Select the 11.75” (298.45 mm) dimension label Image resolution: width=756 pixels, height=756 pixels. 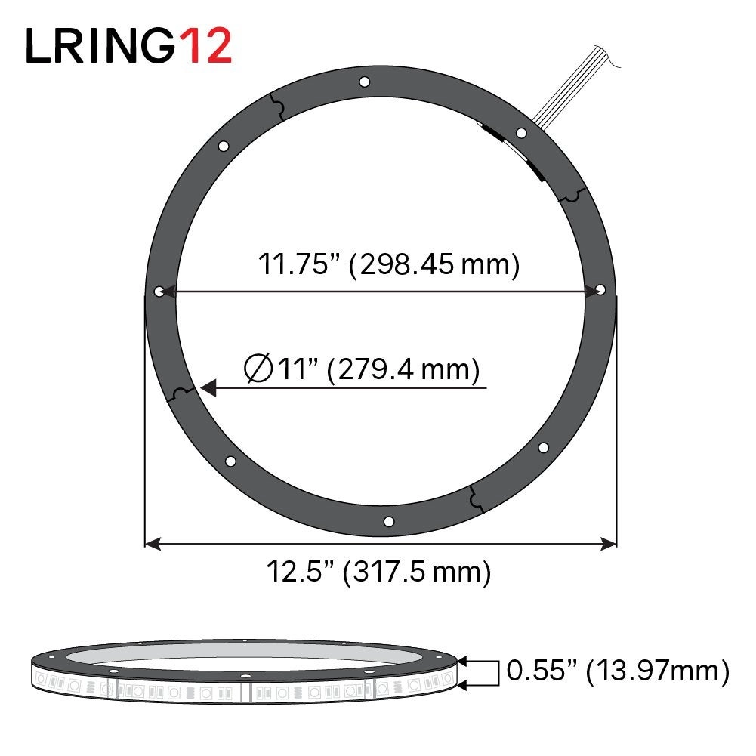point(389,265)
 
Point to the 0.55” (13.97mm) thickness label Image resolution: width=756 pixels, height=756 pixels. point(618,669)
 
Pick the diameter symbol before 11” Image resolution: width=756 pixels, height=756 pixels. point(259,369)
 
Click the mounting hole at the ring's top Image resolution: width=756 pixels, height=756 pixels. point(364,81)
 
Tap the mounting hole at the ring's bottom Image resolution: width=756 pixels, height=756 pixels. point(389,521)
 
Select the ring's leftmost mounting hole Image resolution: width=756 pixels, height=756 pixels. point(159,291)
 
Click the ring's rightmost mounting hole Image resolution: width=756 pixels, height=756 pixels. point(600,289)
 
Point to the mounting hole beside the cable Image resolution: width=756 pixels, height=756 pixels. point(520,134)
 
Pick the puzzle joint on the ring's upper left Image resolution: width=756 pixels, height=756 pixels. point(277,110)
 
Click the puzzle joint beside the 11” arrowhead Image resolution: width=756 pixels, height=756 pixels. point(182,393)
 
